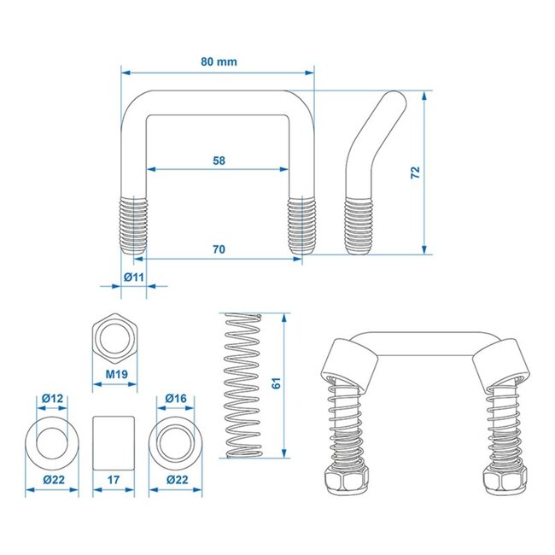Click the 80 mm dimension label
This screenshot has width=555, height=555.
(x=219, y=61)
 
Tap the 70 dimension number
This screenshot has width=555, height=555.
(x=219, y=248)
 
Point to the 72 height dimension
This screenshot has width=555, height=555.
(x=415, y=172)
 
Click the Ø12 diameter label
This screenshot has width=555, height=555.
(x=52, y=398)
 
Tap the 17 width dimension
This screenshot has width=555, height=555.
(x=114, y=481)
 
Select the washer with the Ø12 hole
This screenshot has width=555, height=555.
(x=52, y=440)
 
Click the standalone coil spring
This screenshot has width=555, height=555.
(x=242, y=385)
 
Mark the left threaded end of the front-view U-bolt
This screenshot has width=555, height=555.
(x=132, y=225)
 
